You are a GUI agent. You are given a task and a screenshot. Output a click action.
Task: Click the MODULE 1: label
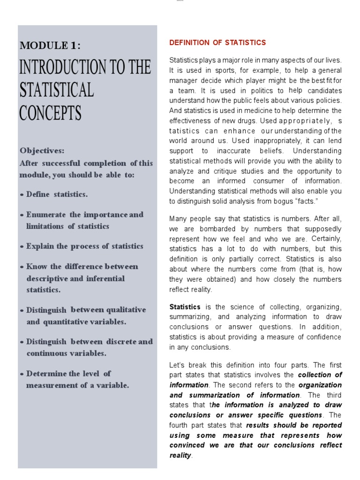tap(50, 45)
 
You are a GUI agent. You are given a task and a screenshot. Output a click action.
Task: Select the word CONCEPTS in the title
tap(50, 113)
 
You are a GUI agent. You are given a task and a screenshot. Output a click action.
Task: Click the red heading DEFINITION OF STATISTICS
tap(217, 43)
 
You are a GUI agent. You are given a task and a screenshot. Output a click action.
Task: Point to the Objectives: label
tap(42, 151)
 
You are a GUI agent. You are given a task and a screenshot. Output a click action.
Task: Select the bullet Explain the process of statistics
tap(84, 247)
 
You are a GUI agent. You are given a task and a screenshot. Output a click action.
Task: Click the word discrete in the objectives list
tap(120, 342)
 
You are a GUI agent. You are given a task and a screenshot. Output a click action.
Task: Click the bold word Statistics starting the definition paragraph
tap(185, 307)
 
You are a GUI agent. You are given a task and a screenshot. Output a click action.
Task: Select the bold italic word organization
tap(320, 385)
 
